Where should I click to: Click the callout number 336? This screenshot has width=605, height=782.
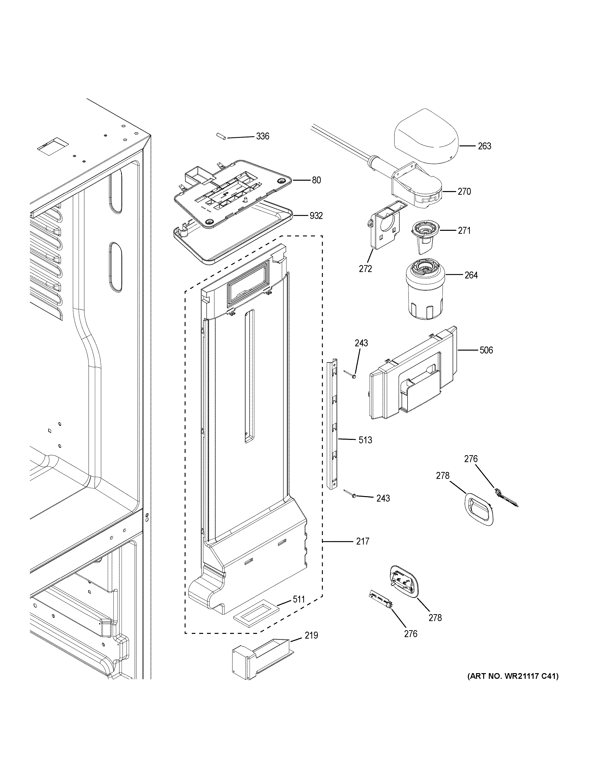tap(262, 137)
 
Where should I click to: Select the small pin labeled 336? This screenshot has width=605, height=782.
tap(221, 137)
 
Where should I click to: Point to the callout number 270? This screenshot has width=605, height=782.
tap(464, 192)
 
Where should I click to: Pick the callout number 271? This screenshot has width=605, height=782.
tap(464, 231)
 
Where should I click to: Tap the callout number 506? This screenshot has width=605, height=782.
tap(486, 350)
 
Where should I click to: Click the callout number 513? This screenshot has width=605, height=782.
tap(365, 440)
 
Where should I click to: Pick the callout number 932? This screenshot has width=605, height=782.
tap(316, 216)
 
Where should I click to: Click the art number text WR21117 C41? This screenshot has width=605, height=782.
tap(513, 676)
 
